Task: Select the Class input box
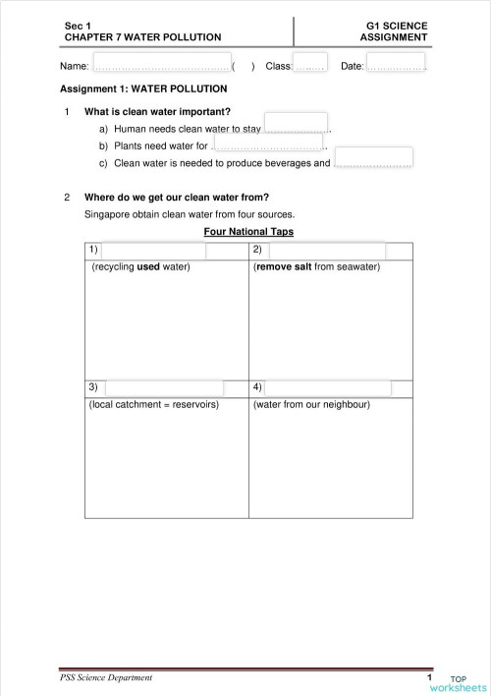309,65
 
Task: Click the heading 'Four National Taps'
248,232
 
